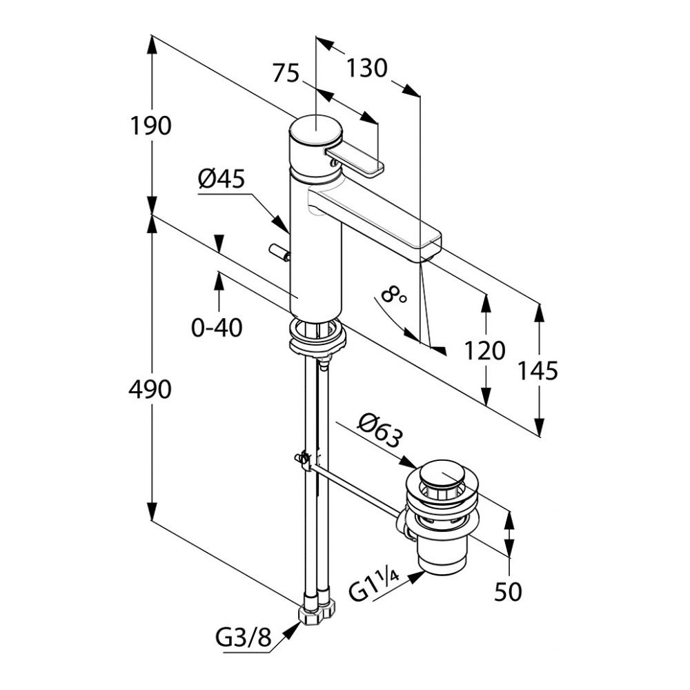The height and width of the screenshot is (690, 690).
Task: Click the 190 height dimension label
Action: [x=151, y=126]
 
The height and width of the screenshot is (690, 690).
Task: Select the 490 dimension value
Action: [x=150, y=390]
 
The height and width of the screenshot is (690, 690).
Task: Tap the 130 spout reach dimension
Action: [x=366, y=68]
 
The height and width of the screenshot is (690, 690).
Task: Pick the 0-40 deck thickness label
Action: [x=217, y=327]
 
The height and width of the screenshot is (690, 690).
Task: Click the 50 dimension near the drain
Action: [x=509, y=591]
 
